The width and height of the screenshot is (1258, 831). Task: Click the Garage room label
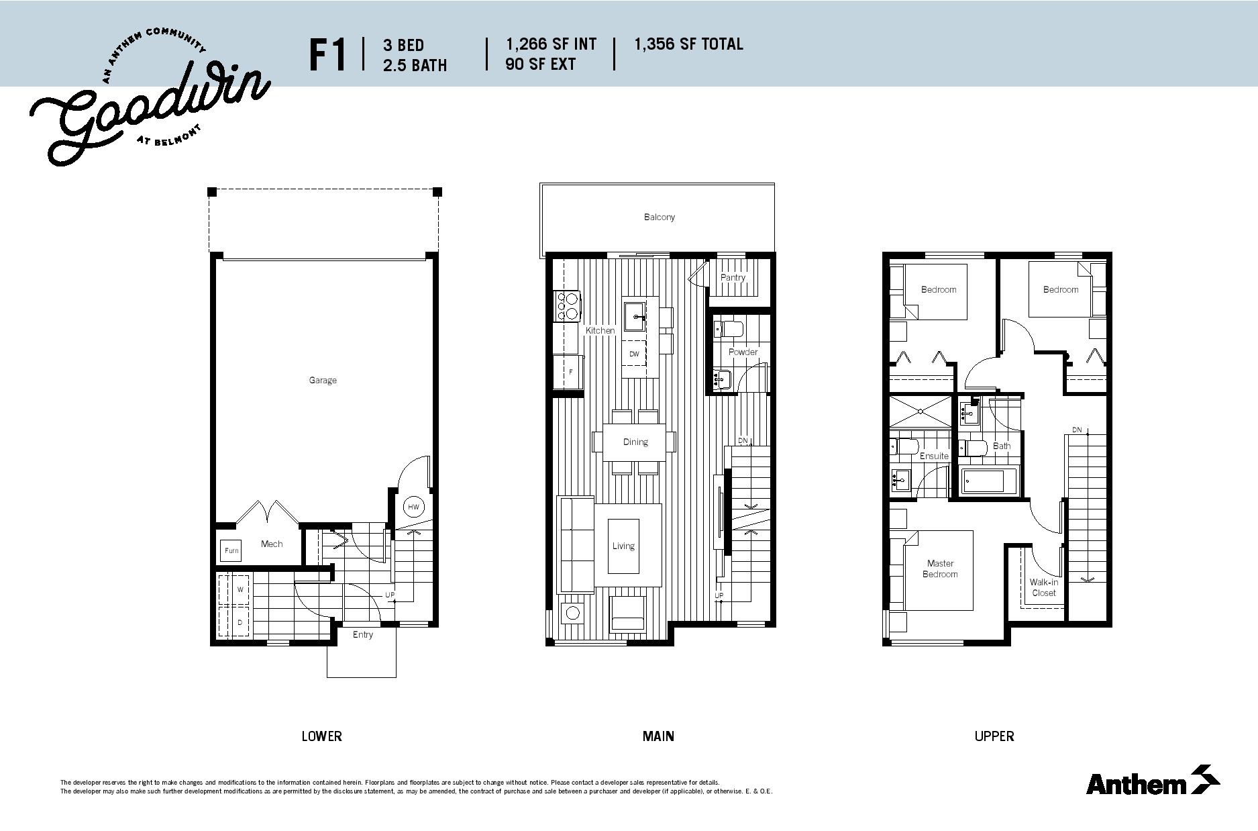(323, 380)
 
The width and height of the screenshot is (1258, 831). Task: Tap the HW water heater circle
(413, 507)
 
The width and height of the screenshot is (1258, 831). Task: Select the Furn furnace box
(231, 550)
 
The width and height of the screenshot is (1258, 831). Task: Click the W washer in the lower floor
(240, 590)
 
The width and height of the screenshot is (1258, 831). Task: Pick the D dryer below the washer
(240, 622)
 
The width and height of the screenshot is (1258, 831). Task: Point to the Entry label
(363, 634)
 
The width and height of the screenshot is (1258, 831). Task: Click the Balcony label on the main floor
(660, 217)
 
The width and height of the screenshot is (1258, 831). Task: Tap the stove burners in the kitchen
(568, 305)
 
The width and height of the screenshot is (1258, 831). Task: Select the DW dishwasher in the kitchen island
(634, 354)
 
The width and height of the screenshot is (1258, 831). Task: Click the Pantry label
(733, 277)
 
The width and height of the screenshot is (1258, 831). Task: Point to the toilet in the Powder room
(727, 330)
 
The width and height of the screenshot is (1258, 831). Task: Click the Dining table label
(635, 442)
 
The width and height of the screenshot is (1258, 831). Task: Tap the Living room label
(623, 546)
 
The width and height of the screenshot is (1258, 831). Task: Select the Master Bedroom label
(940, 569)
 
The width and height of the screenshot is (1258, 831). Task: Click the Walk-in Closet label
(1044, 587)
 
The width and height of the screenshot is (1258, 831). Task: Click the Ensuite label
(934, 456)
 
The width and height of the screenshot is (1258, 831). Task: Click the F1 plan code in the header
(328, 54)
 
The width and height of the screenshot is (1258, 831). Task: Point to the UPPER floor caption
(994, 736)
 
